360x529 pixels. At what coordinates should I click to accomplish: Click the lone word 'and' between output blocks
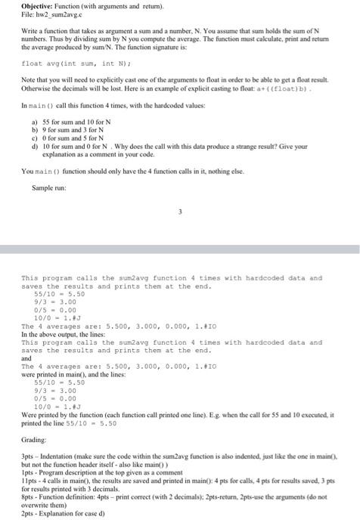click(26, 358)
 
